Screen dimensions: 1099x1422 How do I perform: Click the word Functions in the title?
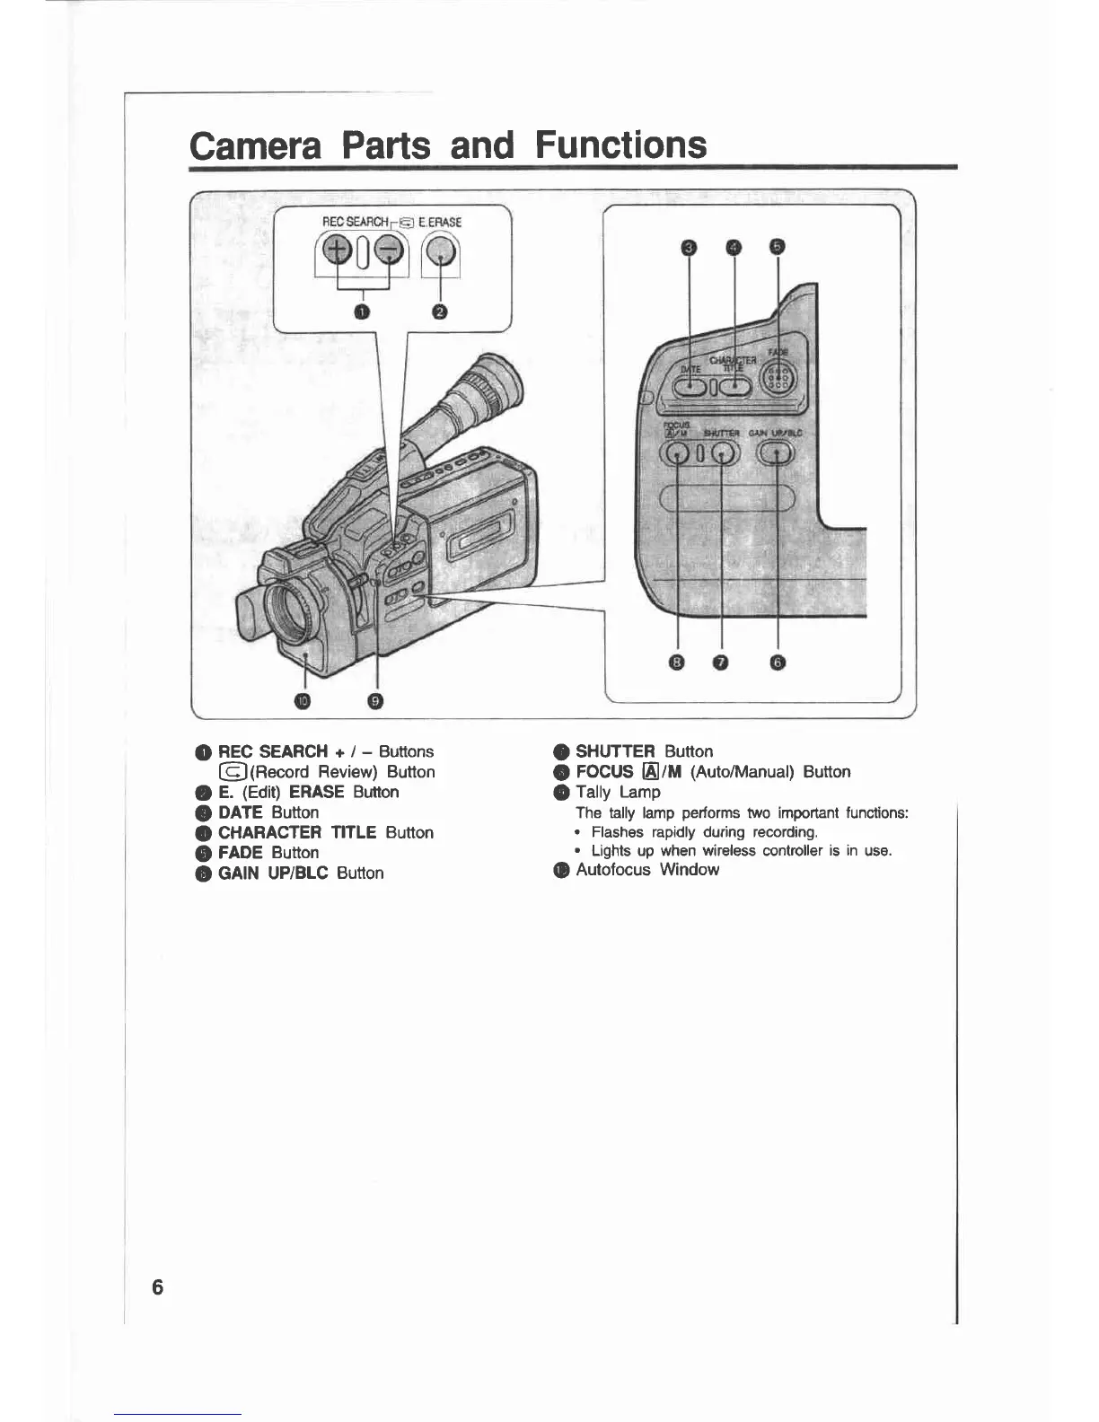pyautogui.click(x=620, y=145)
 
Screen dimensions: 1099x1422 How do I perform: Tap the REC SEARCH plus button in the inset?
pyautogui.click(x=338, y=251)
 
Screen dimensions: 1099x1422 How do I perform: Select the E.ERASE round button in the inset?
pyautogui.click(x=440, y=253)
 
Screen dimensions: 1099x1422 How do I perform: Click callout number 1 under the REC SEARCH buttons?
pyautogui.click(x=362, y=312)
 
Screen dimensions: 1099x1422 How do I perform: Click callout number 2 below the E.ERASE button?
pyautogui.click(x=440, y=312)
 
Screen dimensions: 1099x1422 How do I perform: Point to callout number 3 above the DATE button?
pyautogui.click(x=689, y=247)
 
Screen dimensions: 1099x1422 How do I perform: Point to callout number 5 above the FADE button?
pyautogui.click(x=778, y=247)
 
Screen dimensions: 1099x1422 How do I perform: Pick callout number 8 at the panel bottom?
pyautogui.click(x=678, y=663)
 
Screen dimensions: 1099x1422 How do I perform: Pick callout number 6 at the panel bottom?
pyautogui.click(x=778, y=663)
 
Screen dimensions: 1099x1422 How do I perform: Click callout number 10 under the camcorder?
pyautogui.click(x=303, y=701)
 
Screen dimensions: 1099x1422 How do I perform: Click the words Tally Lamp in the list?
pyautogui.click(x=618, y=792)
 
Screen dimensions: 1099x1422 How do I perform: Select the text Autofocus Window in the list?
pyautogui.click(x=647, y=869)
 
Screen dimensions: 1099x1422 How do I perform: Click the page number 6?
pyautogui.click(x=158, y=1286)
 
